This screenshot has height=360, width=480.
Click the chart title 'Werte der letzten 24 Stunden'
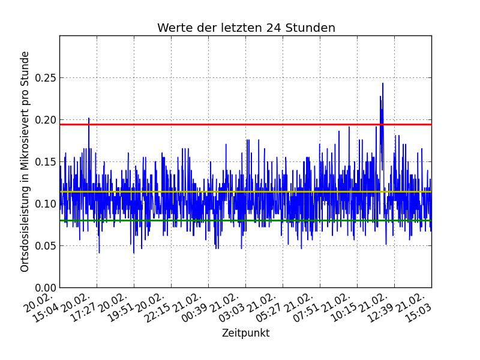tap(246, 28)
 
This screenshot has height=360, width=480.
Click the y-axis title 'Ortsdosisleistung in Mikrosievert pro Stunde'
tap(25, 161)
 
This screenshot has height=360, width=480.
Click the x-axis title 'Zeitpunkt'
tap(245, 334)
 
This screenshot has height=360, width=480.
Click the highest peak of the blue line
tap(383, 83)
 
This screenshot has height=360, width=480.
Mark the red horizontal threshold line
tap(240, 124)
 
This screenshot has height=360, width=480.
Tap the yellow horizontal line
tap(240, 192)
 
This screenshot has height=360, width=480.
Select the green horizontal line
tap(240, 220)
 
